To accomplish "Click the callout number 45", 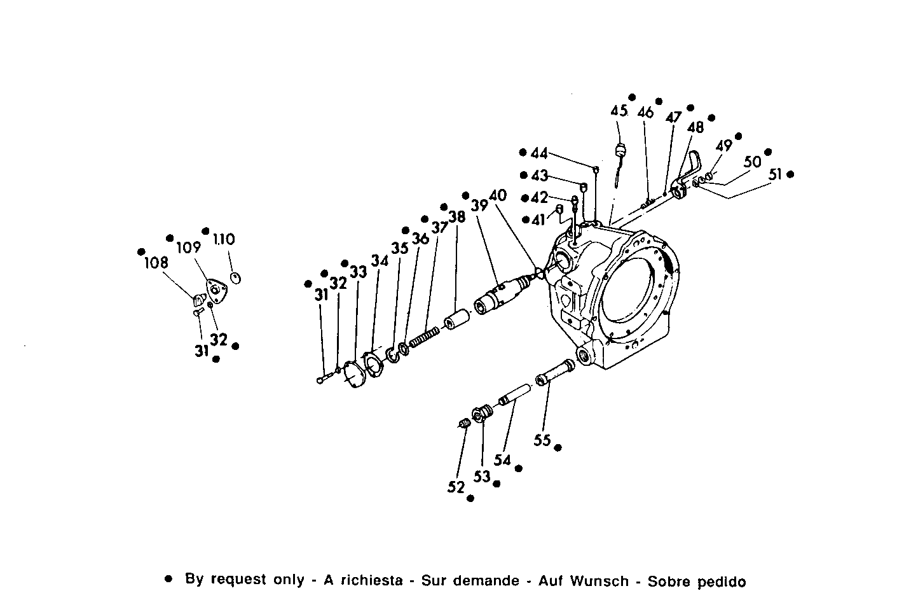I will pyautogui.click(x=619, y=111).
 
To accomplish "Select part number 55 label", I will pyautogui.click(x=542, y=440).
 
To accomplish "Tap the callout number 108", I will pyautogui.click(x=156, y=263).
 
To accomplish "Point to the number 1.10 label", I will pyautogui.click(x=223, y=240).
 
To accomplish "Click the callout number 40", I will pyautogui.click(x=498, y=196).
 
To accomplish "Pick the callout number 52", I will pyautogui.click(x=456, y=487).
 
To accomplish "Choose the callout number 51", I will pyautogui.click(x=776, y=174).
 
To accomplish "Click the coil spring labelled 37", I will pyautogui.click(x=424, y=335).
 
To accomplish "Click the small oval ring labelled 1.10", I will pyautogui.click(x=235, y=278).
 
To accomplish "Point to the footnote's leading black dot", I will pyautogui.click(x=168, y=580).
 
